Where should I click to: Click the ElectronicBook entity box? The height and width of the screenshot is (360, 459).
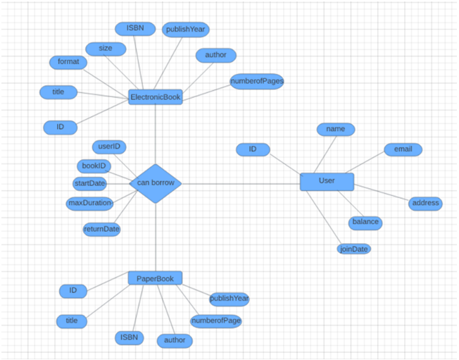(x=156, y=97)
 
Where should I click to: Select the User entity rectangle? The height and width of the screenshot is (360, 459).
(x=326, y=181)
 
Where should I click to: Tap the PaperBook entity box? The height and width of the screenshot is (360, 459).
(x=156, y=278)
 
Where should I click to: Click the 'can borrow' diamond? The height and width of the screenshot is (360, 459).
(x=156, y=183)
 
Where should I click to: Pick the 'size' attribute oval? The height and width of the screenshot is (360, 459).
(x=106, y=49)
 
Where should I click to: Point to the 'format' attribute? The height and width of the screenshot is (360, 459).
(x=68, y=62)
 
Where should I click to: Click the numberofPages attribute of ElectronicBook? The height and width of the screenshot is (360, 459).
(x=257, y=81)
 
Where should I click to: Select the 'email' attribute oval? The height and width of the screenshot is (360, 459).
(x=403, y=149)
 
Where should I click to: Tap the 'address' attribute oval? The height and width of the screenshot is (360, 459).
(x=425, y=203)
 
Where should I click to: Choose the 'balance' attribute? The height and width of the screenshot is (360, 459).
(x=365, y=222)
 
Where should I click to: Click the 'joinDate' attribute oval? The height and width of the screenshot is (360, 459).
(x=354, y=249)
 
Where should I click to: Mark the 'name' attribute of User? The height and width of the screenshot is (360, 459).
(x=335, y=129)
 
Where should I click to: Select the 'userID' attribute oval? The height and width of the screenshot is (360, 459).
(x=110, y=147)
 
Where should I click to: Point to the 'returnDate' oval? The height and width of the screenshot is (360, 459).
(x=101, y=229)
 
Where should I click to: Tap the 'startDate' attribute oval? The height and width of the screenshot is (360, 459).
(x=90, y=183)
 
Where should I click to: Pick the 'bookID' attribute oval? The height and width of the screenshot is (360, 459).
(x=94, y=166)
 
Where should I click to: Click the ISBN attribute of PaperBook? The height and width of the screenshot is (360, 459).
(x=129, y=338)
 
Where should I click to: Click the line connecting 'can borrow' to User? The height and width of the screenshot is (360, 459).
(x=239, y=184)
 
